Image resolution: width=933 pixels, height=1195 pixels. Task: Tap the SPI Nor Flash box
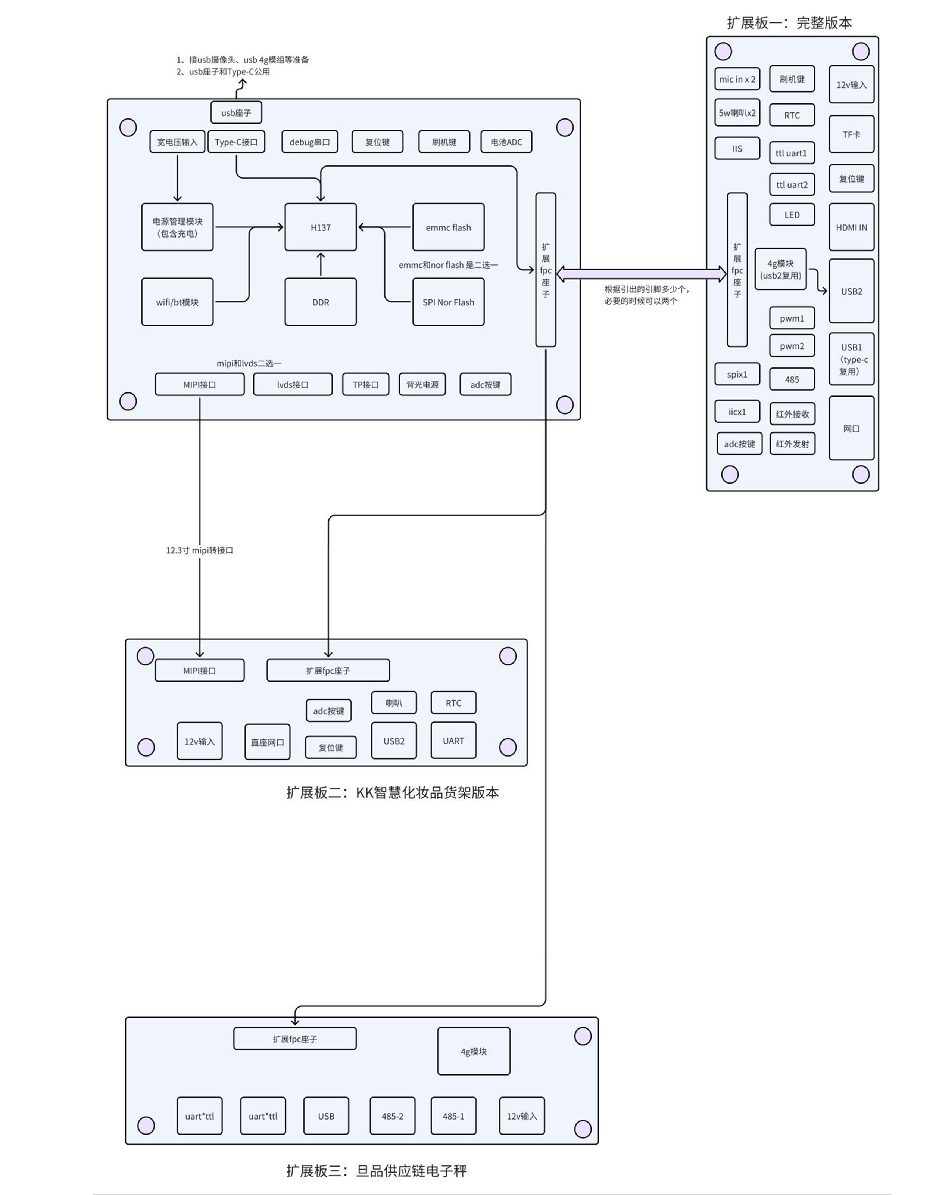(x=448, y=302)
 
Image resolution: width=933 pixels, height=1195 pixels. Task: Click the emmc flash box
(x=448, y=227)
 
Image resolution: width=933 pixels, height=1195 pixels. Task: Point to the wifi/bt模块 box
(x=177, y=302)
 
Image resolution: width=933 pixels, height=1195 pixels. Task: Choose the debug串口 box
(x=309, y=142)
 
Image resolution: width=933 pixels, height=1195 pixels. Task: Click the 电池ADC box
(x=506, y=142)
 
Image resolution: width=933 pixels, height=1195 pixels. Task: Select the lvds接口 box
(x=292, y=384)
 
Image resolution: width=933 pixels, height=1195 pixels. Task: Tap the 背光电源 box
(x=422, y=384)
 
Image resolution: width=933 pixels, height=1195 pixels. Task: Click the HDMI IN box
(x=851, y=227)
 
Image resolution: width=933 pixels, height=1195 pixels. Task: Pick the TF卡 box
(x=851, y=134)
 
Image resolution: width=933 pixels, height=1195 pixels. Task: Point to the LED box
(x=791, y=214)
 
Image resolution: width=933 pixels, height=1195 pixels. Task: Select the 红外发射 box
(x=791, y=443)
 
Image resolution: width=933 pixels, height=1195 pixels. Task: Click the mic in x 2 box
(x=737, y=79)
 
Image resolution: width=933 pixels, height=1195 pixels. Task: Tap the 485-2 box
(x=392, y=1116)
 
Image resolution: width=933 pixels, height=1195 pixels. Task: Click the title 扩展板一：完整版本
(x=789, y=22)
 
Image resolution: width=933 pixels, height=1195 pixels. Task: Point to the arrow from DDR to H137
(x=321, y=264)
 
